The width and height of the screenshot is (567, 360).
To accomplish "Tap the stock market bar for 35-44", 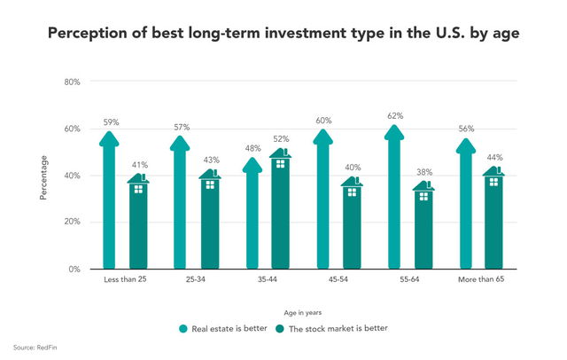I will click(280, 213).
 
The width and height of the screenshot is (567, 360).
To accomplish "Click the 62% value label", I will click(395, 116).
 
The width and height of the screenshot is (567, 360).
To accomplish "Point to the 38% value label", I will click(423, 172).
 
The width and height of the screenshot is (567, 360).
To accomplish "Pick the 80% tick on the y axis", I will click(72, 82).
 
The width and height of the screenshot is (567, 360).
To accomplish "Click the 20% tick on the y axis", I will click(72, 223).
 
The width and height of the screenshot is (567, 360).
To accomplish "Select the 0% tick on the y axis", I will click(74, 269).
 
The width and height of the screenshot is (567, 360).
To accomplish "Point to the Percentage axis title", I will click(43, 177).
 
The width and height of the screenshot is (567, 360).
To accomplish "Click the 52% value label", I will click(280, 139).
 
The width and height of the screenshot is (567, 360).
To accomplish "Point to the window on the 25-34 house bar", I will click(209, 184).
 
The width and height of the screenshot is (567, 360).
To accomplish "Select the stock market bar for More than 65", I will click(494, 222).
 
